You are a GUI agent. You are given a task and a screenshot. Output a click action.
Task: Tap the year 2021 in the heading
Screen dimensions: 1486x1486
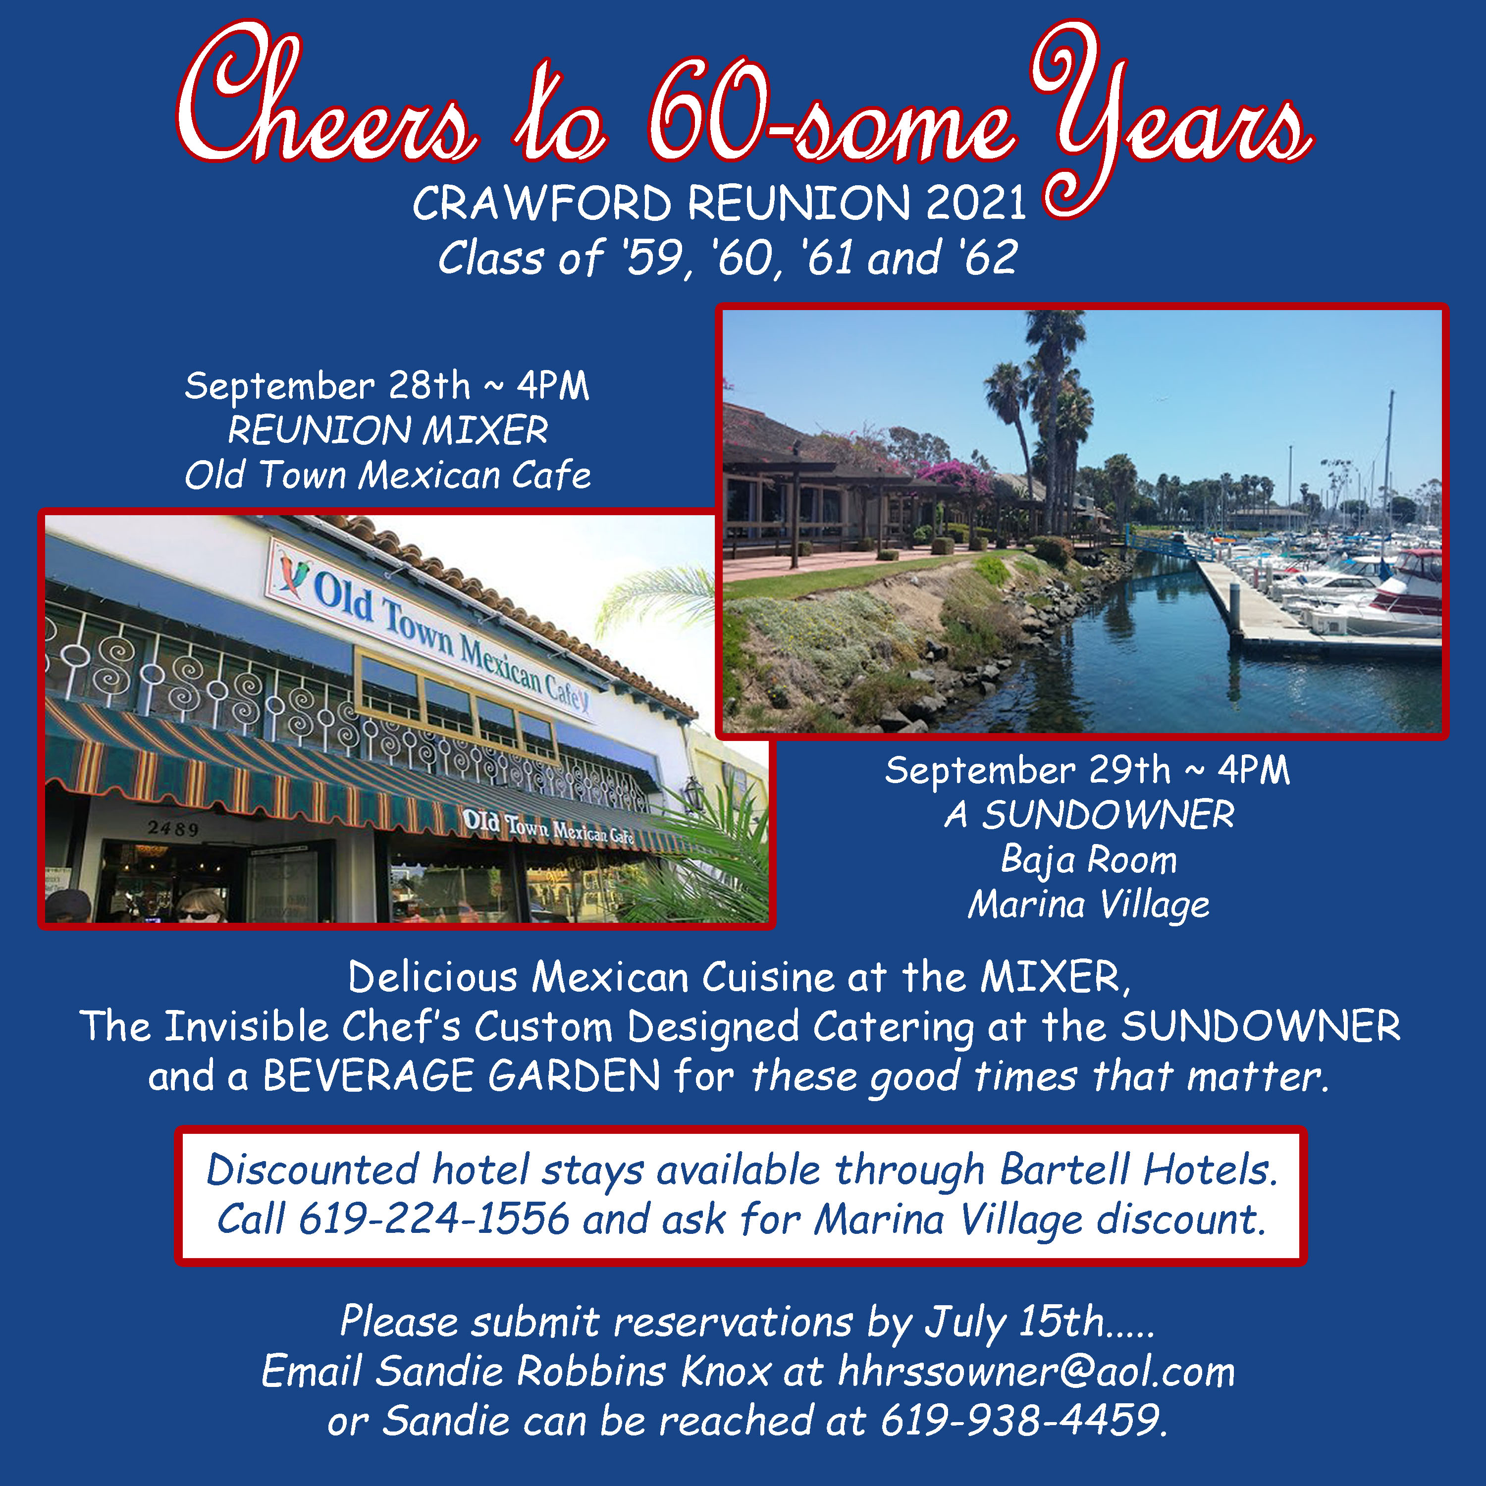click(x=976, y=203)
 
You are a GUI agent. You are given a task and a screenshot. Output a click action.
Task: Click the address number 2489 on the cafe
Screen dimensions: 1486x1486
click(x=173, y=828)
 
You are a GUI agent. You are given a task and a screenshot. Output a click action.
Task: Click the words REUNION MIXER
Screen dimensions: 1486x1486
click(x=388, y=430)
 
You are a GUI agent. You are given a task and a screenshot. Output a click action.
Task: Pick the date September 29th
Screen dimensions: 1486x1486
click(x=1028, y=770)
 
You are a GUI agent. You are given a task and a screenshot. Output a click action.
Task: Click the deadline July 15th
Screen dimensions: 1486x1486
click(x=1014, y=1322)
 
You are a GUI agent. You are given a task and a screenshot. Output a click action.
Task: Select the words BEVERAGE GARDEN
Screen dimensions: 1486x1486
click(x=462, y=1075)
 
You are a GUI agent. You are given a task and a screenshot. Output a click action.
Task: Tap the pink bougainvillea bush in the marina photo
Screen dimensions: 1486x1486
click(x=956, y=478)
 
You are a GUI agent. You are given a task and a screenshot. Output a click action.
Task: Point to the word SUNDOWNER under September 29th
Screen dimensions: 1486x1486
click(x=1109, y=814)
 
